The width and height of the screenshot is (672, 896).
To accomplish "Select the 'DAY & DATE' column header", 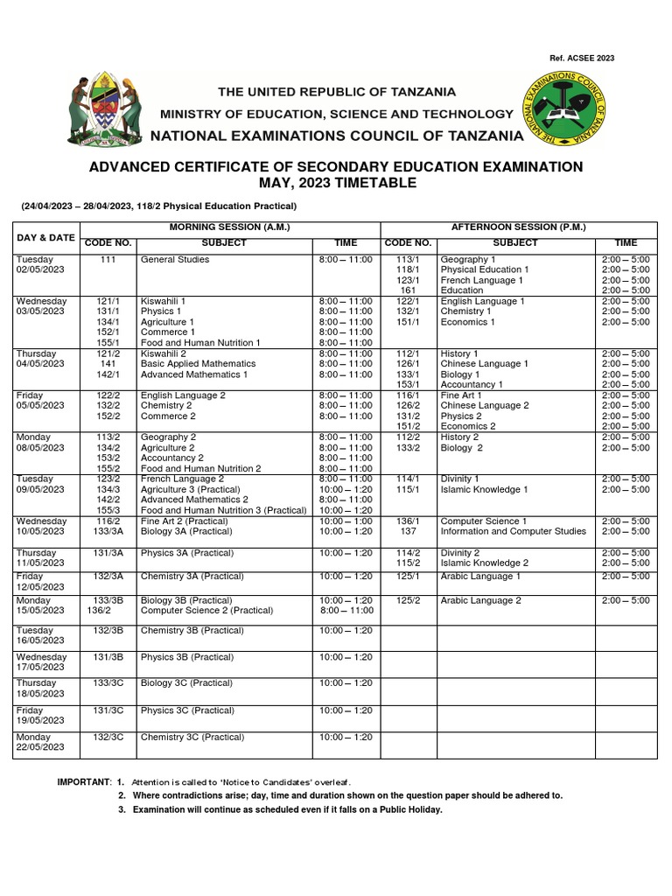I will pyautogui.click(x=45, y=237).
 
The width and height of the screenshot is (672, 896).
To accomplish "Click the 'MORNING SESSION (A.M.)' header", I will pyautogui.click(x=228, y=227).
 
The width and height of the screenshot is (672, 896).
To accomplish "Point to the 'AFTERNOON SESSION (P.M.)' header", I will pyautogui.click(x=518, y=227).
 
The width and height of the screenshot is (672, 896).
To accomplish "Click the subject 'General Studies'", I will pyautogui.click(x=175, y=260).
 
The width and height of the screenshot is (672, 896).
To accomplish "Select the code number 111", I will pyautogui.click(x=108, y=260).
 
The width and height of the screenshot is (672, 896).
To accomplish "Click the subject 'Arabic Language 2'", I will pyautogui.click(x=480, y=600).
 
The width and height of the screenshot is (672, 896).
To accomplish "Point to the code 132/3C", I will pyautogui.click(x=108, y=737).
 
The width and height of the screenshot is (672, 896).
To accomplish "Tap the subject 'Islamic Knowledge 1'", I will pyautogui.click(x=484, y=490).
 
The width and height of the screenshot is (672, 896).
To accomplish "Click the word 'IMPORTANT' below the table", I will pyautogui.click(x=84, y=781).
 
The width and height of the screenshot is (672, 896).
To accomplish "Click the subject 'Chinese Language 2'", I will pyautogui.click(x=484, y=406).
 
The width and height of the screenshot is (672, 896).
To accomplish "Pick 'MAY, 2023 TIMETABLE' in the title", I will pyautogui.click(x=335, y=183).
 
